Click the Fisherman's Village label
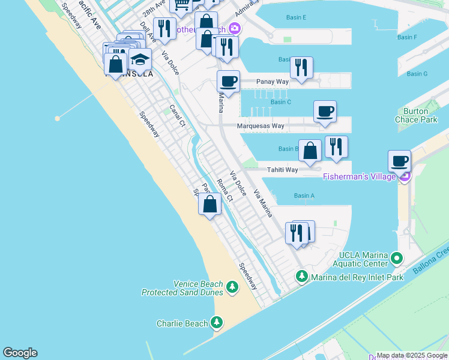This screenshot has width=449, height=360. tap(359, 176)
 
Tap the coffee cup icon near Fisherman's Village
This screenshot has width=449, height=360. tap(399, 161)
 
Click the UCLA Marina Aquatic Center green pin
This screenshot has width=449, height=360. tap(396, 259)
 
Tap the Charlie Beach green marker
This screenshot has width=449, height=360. tap(217, 323)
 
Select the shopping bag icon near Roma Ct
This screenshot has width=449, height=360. tap(209, 204)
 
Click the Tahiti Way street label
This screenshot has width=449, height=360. tap(283, 170)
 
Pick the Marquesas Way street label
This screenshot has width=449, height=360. tap(260, 126)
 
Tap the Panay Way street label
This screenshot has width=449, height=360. tap(273, 82)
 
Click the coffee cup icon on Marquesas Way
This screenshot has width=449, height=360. tap(325, 111)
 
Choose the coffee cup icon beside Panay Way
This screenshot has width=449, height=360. tap(228, 82)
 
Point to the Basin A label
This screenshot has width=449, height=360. tap(304, 196)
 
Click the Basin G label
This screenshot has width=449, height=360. tap(417, 74)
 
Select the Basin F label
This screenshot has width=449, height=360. tap(407, 37)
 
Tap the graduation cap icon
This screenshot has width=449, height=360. tap(140, 60)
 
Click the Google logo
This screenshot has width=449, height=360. tap(20, 353)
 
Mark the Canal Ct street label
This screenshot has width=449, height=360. tap(176, 116)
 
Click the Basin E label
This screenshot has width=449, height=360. tap(297, 17)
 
